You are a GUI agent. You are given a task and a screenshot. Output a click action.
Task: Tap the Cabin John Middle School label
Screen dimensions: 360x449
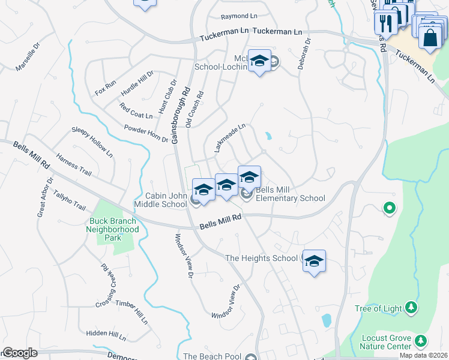pyautogui.click(x=166, y=200)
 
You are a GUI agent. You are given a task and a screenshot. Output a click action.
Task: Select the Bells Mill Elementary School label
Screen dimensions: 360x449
pyautogui.click(x=291, y=194)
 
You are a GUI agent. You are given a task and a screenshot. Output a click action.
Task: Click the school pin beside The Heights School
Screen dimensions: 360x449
pyautogui.click(x=314, y=261)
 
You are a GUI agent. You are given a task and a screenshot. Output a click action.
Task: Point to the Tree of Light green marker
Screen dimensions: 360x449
pyautogui.click(x=411, y=308)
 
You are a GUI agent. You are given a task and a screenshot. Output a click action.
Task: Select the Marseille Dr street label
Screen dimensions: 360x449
pyautogui.click(x=28, y=57)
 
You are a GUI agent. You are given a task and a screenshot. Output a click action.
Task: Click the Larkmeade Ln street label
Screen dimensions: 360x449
pyautogui.click(x=230, y=137)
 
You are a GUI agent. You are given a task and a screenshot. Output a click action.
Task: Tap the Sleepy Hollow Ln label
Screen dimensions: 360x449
pyautogui.click(x=92, y=142)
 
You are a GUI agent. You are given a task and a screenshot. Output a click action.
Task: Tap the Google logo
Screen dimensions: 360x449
pyautogui.click(x=19, y=353)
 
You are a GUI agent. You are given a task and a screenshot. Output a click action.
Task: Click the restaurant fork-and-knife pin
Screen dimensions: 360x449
pyautogui.click(x=384, y=23)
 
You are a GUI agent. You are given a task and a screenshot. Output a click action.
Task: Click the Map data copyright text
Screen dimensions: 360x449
pyautogui.click(x=423, y=355)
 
